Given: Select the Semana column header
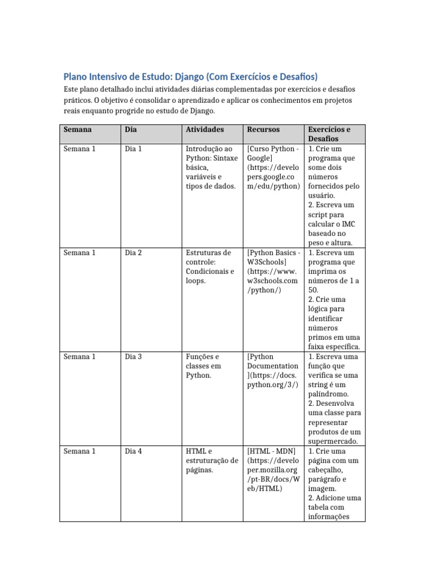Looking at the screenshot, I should tap(78, 129).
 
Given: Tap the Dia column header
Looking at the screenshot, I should tap(131, 129).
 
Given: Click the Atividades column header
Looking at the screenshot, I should tap(205, 129).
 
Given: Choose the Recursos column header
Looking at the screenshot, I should tap(263, 129).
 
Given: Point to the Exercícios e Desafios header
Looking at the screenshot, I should tap(329, 134).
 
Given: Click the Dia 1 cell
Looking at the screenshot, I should tap(133, 149).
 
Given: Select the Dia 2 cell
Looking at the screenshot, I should tap(133, 253).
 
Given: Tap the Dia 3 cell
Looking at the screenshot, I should tap(133, 357).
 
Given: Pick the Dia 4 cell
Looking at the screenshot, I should tap(133, 452).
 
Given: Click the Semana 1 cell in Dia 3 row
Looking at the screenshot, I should tap(79, 357).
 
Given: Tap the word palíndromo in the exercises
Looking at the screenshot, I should tap(329, 394).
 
